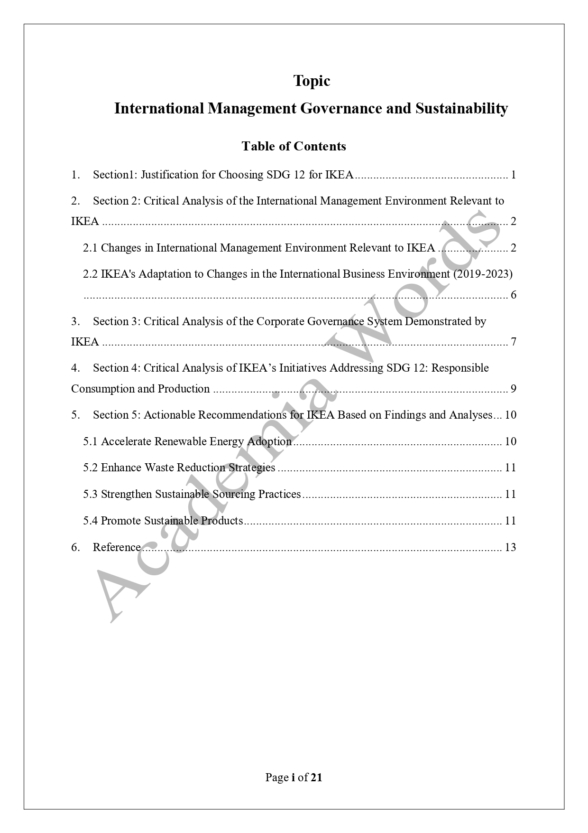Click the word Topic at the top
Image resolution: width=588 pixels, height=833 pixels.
(312, 81)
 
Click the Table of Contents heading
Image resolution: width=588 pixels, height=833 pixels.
(294, 146)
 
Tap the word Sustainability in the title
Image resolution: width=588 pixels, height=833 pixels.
(461, 109)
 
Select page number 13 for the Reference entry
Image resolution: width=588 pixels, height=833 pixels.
(510, 547)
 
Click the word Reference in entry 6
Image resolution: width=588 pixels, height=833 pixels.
(117, 547)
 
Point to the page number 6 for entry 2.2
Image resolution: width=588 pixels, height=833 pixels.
(513, 295)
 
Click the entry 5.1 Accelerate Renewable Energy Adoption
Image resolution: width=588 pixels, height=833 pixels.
(187, 441)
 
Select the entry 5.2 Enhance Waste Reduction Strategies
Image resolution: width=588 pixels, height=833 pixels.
(179, 468)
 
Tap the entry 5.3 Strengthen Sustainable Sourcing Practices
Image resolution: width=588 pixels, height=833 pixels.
(192, 494)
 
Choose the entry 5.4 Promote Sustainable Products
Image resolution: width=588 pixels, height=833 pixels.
(163, 521)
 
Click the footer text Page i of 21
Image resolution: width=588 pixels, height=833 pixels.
(294, 777)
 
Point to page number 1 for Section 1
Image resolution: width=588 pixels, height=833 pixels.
(513, 175)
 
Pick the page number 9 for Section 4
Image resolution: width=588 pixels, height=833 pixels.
(513, 389)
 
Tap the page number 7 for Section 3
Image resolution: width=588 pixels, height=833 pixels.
(513, 342)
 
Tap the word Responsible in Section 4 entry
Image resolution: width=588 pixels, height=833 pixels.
(460, 368)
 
